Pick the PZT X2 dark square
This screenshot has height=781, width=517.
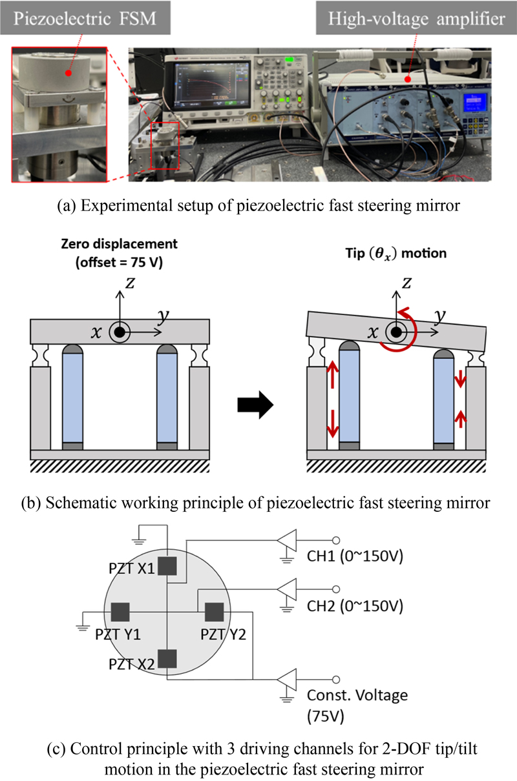pyautogui.click(x=167, y=658)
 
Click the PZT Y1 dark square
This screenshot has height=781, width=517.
pyautogui.click(x=121, y=611)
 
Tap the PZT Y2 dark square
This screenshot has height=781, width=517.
pyautogui.click(x=214, y=611)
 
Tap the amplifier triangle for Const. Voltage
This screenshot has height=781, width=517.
pyautogui.click(x=286, y=679)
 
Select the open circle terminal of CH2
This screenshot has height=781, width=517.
pyautogui.click(x=335, y=591)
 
